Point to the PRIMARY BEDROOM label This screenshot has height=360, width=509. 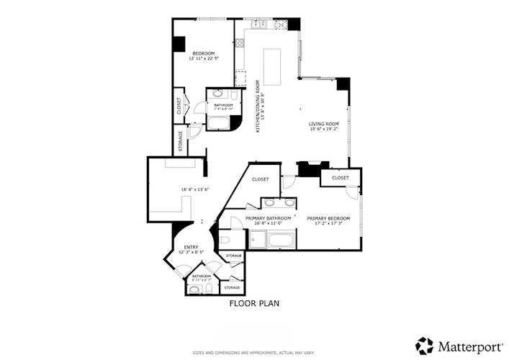pos(328,218)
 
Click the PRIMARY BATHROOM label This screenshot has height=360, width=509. pos(269,218)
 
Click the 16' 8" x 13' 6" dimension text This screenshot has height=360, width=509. pos(194,189)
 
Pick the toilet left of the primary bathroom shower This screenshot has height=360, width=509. pos(225,240)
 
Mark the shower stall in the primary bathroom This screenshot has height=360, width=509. pos(233,238)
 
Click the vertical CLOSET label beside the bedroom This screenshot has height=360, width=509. pos(179,106)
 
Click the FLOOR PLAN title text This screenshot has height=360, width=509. pos(254,303)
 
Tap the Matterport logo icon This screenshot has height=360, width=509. pos(424,345)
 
